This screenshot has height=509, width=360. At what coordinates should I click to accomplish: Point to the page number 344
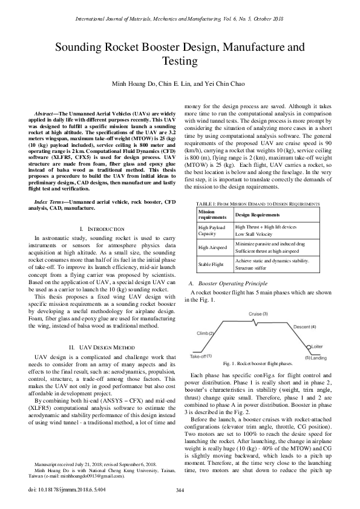coord(180,490)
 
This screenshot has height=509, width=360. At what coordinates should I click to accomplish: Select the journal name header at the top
coord(180,19)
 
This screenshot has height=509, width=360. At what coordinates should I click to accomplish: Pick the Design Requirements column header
coord(261,215)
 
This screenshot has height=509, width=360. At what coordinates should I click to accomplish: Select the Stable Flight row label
coord(212,264)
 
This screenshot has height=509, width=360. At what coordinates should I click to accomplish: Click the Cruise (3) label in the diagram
coord(258,314)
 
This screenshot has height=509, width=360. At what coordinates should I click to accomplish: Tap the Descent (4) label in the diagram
coord(304,326)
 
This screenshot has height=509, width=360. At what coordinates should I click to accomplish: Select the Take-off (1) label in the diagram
coord(200,356)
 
